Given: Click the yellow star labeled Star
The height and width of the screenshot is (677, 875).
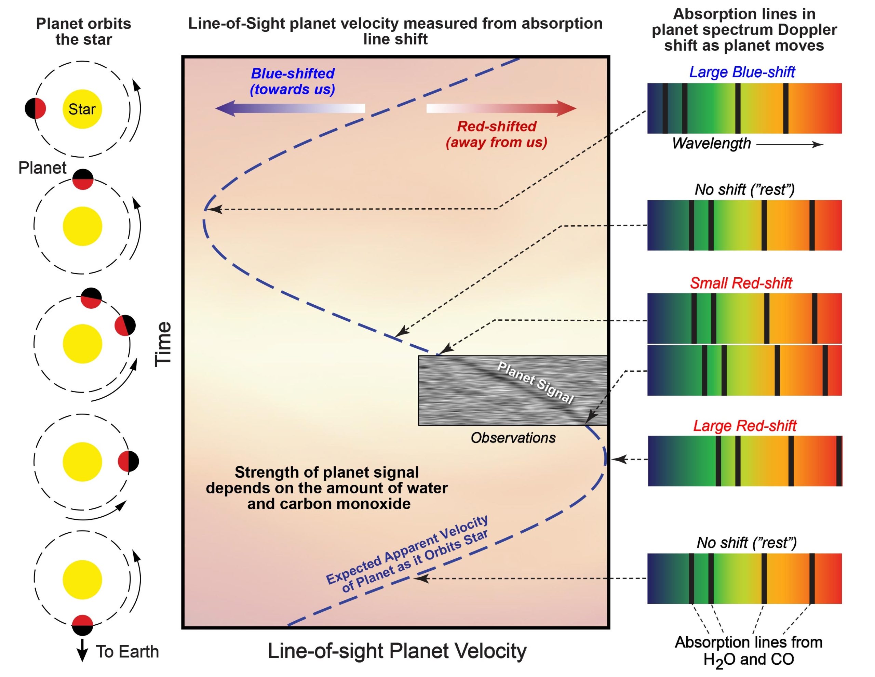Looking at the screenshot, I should click(x=82, y=109).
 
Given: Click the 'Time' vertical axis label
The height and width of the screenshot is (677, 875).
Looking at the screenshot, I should click(x=163, y=344).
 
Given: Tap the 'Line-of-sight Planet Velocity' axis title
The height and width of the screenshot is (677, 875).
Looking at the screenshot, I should click(x=396, y=651).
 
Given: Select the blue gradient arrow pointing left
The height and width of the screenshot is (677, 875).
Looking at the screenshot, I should click(x=290, y=108).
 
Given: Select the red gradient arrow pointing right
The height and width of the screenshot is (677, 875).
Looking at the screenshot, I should click(x=501, y=108).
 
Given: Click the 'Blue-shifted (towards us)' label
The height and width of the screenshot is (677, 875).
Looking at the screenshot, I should click(x=293, y=81).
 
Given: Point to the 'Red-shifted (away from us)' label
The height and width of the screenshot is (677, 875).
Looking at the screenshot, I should click(x=496, y=134).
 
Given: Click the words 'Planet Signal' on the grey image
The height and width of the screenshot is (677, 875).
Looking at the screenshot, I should click(x=535, y=382).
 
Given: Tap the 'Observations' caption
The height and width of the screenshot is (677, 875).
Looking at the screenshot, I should click(x=513, y=438).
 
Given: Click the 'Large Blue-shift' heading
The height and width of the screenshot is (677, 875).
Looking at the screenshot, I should click(x=742, y=72).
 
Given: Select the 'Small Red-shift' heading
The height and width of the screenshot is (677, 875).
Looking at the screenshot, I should click(x=741, y=283).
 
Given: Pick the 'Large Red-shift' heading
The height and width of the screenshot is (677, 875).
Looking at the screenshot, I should click(x=744, y=426).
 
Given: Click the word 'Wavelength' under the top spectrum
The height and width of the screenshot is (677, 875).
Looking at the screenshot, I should click(x=711, y=144).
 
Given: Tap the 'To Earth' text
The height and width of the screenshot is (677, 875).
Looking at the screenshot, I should click(x=127, y=652).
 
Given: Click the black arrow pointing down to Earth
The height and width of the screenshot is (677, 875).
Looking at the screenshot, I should click(x=82, y=650).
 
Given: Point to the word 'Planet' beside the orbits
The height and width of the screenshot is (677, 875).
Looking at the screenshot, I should click(x=42, y=168).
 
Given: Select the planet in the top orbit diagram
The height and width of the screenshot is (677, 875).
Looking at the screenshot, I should click(x=35, y=108).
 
